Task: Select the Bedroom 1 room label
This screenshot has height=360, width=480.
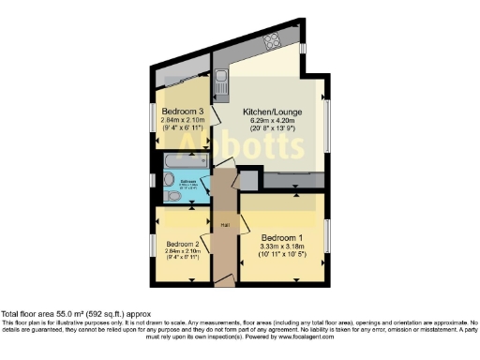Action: (x=284, y=236)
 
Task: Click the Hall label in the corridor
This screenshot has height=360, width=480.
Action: (x=225, y=225)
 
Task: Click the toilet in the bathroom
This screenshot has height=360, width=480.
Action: (x=174, y=199)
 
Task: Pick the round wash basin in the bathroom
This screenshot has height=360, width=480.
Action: (x=168, y=183)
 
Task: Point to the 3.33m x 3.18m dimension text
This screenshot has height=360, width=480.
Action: (x=284, y=247)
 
